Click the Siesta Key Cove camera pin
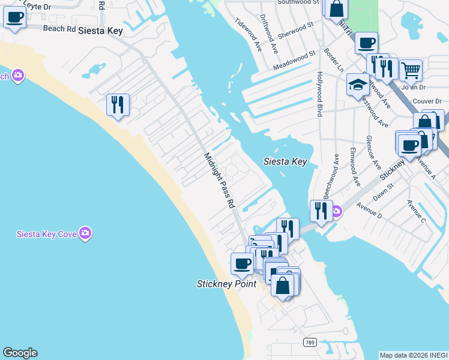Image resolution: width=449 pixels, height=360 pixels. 85,233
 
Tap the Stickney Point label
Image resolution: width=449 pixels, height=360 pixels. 226,284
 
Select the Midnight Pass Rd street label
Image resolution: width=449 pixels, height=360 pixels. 219,180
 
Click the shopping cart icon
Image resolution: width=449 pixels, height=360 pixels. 411,70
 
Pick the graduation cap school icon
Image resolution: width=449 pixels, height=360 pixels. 357,84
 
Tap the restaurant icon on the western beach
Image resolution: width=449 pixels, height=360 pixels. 118,104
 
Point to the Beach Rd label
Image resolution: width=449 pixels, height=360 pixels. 59,28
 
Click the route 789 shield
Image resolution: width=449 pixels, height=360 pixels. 309,341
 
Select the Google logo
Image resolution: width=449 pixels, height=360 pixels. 20,353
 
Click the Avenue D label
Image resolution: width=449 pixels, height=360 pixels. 369,211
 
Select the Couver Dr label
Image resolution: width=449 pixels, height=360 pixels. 427,101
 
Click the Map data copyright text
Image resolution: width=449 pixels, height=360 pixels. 414,355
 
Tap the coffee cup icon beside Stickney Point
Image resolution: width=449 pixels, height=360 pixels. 243,263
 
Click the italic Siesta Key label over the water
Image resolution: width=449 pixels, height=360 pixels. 285,161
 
